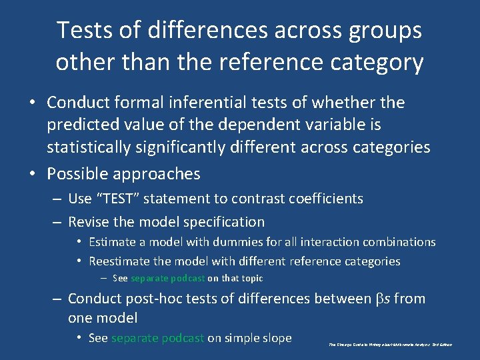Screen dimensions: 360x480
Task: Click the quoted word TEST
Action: (123, 199)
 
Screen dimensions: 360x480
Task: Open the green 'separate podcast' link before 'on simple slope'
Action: (157, 338)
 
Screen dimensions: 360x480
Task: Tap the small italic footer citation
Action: (391, 345)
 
